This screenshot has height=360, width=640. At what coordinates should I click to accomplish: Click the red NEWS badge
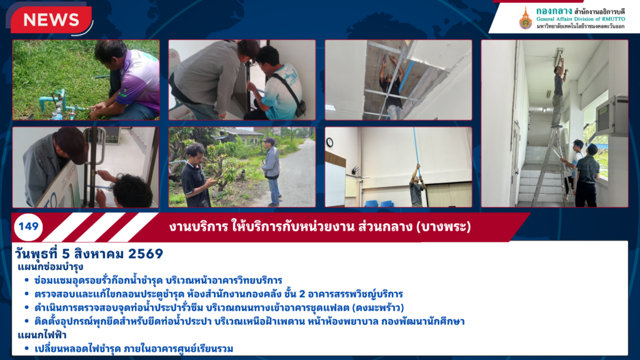[51, 19]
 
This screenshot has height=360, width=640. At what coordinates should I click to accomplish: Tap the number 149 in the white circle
[28, 226]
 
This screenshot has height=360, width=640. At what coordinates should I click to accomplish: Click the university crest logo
[525, 18]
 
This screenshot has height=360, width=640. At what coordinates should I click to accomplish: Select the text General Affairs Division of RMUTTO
[580, 19]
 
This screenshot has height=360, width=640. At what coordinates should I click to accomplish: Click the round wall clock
[329, 142]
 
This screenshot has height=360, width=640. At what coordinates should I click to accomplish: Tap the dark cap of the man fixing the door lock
[72, 143]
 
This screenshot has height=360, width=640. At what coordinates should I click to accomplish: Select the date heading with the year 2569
[89, 254]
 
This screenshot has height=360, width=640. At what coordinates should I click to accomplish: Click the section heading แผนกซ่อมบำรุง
[51, 267]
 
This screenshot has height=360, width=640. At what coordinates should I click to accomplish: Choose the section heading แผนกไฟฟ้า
[42, 335]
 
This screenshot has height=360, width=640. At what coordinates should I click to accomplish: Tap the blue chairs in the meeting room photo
[378, 203]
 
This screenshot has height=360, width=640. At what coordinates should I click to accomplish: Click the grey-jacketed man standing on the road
[271, 171]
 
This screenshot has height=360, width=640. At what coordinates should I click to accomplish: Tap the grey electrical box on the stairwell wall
[611, 116]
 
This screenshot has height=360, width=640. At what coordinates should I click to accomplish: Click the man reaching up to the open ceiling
[392, 87]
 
